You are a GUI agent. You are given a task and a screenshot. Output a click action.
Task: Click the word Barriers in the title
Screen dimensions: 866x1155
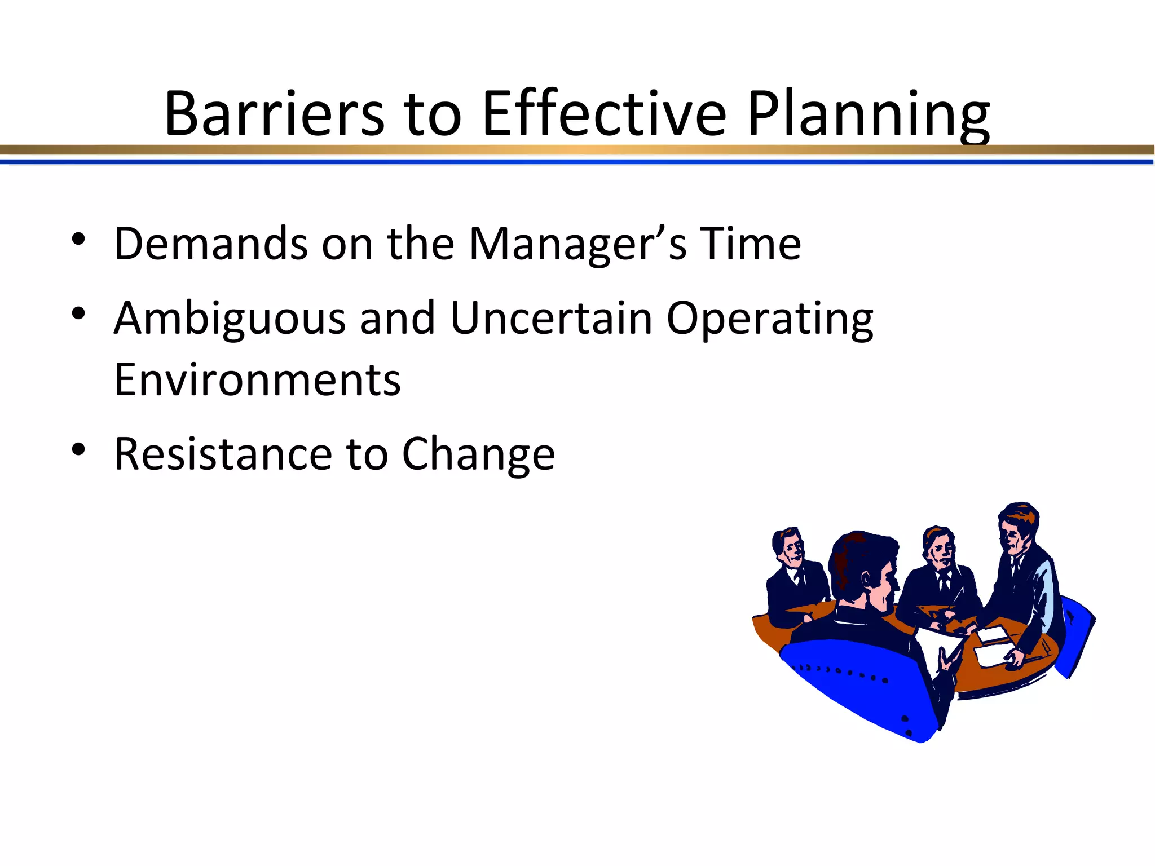pos(274,114)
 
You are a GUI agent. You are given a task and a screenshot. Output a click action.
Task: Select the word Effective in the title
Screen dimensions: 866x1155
pos(604,114)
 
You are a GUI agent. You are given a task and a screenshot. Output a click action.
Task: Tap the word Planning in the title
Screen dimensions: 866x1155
pos(869,116)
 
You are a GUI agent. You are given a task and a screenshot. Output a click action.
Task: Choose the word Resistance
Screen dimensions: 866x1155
pos(223,454)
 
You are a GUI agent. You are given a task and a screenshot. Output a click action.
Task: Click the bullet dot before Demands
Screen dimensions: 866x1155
pos(78,240)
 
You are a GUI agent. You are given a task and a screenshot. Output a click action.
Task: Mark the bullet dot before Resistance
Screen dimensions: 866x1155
pos(78,449)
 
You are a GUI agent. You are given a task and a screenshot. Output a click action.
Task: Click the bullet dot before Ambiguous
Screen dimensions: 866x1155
pos(78,313)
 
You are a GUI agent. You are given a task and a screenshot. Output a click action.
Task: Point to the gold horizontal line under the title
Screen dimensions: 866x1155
pos(577,150)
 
